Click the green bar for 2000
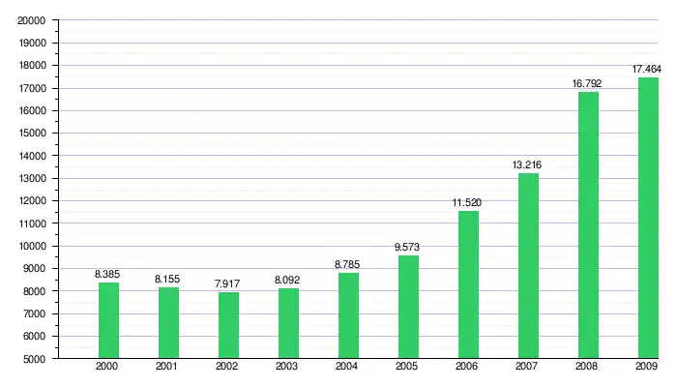[107, 320]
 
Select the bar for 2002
[228, 325]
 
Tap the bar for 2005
[408, 307]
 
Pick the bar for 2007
[528, 266]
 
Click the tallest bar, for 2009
[648, 218]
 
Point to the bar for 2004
[348, 315]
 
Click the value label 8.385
[107, 275]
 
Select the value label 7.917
[228, 284]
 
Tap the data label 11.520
[468, 203]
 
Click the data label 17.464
[647, 70]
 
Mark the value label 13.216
[528, 165]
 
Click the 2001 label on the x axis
[167, 368]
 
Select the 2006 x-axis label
[468, 368]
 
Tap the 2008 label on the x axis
[588, 368]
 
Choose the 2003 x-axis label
[288, 368]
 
